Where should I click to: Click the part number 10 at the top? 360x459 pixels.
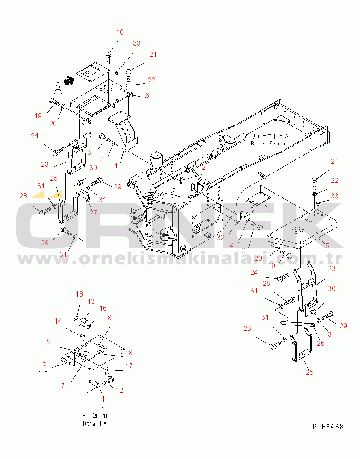[x=120, y=32]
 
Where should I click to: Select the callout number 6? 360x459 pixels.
[x=147, y=95]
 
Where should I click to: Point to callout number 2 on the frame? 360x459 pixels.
[x=204, y=168]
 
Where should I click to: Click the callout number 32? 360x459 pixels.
[x=220, y=238]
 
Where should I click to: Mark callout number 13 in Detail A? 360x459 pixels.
[x=91, y=301]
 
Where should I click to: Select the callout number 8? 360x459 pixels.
[x=109, y=318]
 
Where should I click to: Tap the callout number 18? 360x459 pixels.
[x=129, y=353]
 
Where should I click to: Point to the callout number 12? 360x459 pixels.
[x=119, y=390]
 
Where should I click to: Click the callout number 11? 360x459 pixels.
[x=105, y=399]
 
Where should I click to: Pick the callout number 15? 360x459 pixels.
[x=43, y=363]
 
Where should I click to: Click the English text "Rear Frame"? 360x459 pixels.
[x=269, y=144]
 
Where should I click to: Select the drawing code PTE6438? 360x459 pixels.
[x=328, y=427]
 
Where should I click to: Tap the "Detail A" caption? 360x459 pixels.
[x=94, y=424]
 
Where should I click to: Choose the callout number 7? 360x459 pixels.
[x=63, y=386]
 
